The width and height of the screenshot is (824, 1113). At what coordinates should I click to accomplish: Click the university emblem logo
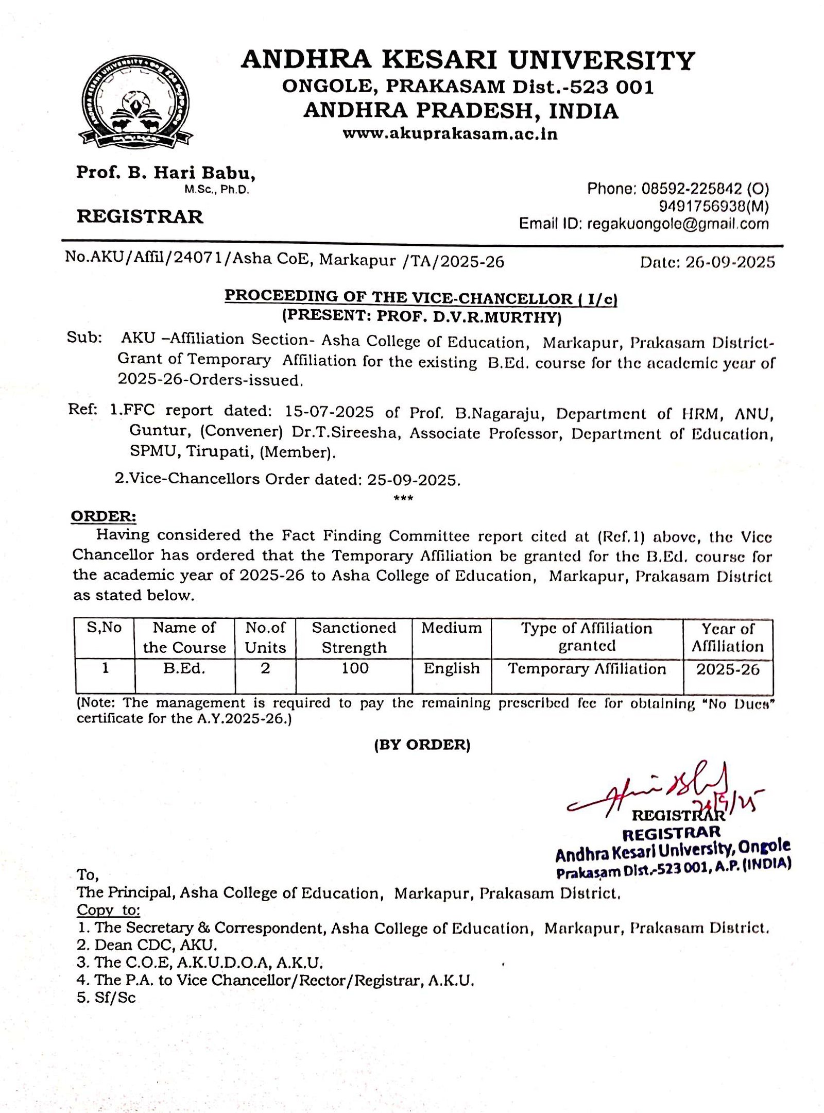click(135, 105)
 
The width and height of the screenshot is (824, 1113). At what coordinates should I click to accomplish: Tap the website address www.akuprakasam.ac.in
click(450, 134)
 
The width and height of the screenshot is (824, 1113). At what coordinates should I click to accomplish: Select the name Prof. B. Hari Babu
click(165, 173)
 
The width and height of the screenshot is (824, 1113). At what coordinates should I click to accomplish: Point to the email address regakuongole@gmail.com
click(677, 224)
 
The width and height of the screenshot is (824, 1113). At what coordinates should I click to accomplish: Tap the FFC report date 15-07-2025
click(329, 412)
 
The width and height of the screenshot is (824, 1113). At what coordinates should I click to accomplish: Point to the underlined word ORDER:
click(104, 516)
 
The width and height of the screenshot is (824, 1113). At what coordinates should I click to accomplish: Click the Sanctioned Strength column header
click(354, 637)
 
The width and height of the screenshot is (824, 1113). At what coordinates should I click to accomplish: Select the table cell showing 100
click(355, 668)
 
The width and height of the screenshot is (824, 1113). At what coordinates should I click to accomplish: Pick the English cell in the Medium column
click(452, 668)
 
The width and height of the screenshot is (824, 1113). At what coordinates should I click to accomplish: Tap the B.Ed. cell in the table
click(184, 668)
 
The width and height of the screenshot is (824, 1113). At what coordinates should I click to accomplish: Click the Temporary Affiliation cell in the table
click(587, 669)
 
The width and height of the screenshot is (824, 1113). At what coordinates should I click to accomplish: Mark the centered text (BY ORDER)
click(422, 745)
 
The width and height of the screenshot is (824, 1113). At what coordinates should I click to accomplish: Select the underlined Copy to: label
click(108, 909)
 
